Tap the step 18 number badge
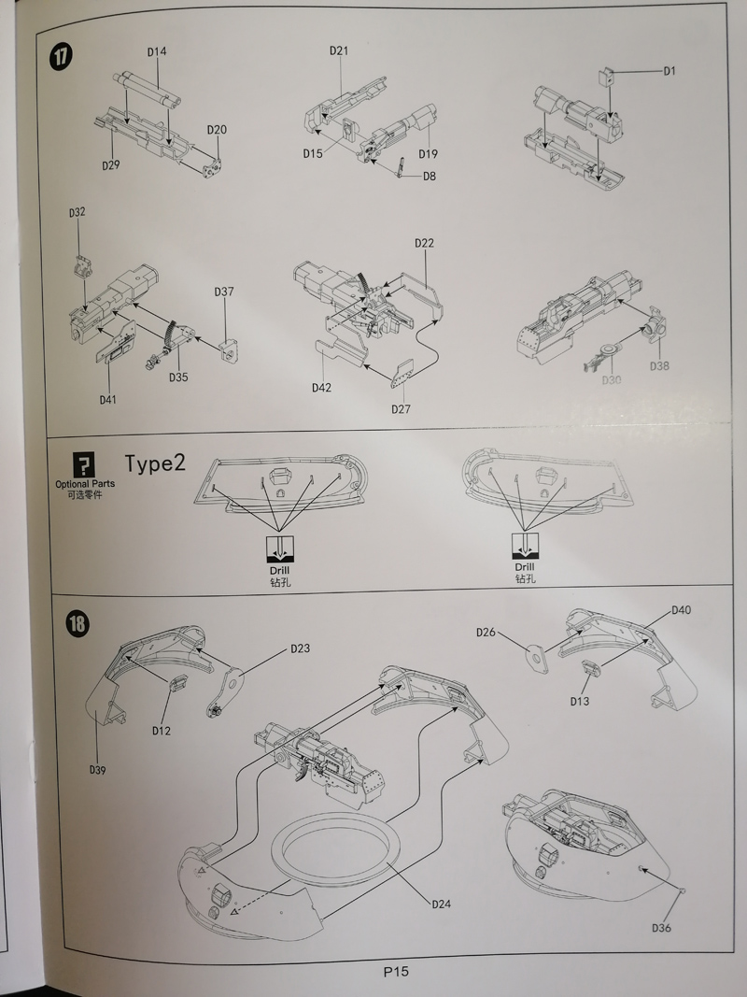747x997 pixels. pos(78,623)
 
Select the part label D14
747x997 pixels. pos(156,52)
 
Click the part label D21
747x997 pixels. pos(338,51)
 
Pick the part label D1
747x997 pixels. pos(669,71)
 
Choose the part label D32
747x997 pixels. pos(77,213)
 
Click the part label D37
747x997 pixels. pos(223,292)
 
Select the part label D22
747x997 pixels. pos(424,243)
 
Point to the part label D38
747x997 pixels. pos(659,366)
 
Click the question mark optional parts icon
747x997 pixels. pos(84,463)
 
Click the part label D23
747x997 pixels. pos(300,648)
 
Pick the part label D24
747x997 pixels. pos(442,904)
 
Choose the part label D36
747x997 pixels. pos(661,927)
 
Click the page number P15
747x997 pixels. pos(396,971)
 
